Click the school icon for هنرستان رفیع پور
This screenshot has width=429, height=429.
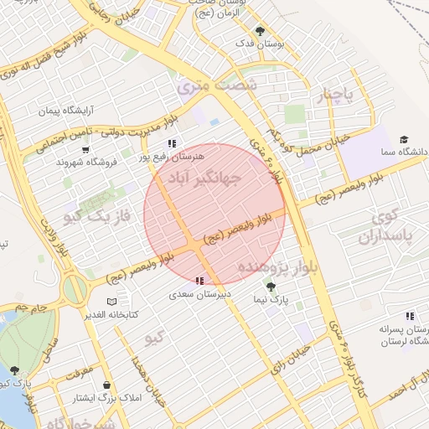coord(173,143)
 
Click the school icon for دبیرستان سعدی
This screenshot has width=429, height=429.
coord(199,282)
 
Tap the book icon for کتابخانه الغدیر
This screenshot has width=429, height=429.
coord(112,302)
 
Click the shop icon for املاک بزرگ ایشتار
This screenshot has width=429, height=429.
coord(107,385)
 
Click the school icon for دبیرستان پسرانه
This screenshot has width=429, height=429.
coord(410,316)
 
